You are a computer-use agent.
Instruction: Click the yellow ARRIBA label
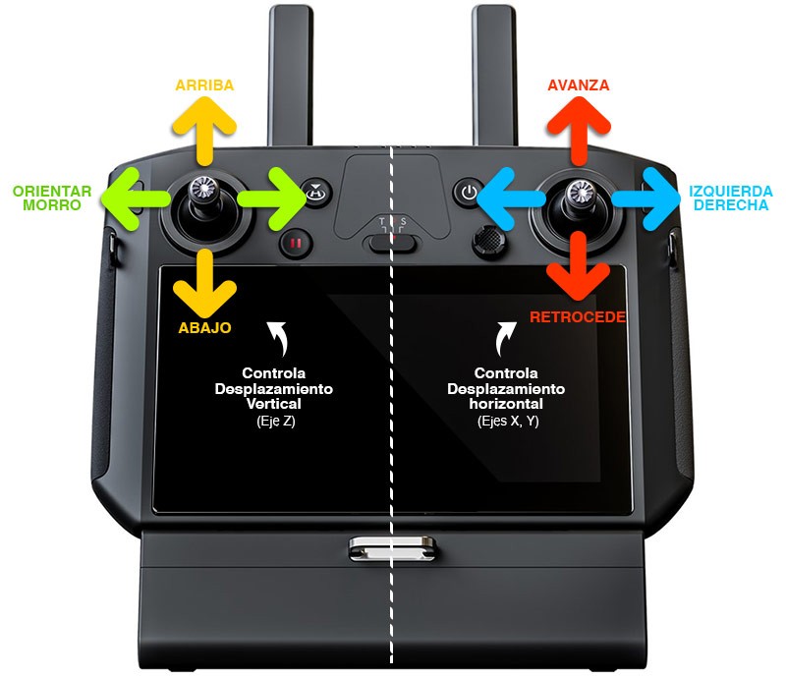click(x=204, y=85)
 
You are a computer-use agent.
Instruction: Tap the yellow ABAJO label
click(x=204, y=328)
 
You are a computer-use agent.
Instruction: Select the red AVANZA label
click(x=579, y=85)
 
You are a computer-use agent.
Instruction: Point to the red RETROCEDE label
click(x=578, y=317)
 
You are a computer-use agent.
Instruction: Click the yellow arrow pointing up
click(x=204, y=132)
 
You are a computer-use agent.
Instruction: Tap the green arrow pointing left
click(x=136, y=199)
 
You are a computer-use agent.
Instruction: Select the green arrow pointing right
click(x=272, y=199)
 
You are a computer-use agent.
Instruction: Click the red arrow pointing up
click(x=579, y=132)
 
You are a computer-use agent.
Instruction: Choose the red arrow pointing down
click(x=579, y=265)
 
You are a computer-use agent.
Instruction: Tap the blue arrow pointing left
click(x=511, y=199)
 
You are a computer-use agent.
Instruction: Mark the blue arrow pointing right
click(x=646, y=199)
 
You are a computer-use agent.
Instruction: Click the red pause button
click(x=296, y=244)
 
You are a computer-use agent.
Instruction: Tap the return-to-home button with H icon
click(x=316, y=192)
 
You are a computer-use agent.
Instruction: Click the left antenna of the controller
click(x=291, y=76)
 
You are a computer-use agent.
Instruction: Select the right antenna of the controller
click(x=494, y=76)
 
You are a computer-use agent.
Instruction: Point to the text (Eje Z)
click(x=276, y=421)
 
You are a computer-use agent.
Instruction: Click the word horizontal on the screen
click(x=506, y=404)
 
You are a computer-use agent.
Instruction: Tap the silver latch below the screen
click(x=392, y=548)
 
